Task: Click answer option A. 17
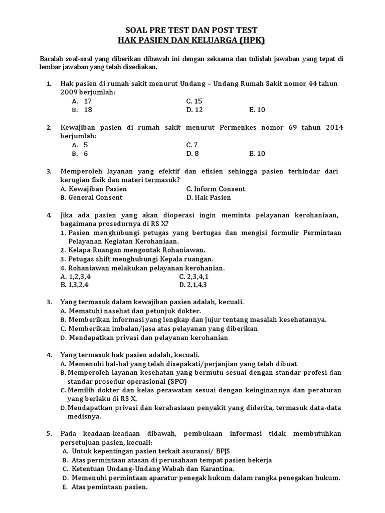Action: coord(82,101)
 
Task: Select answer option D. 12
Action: coord(195,110)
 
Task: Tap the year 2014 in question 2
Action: coord(334,127)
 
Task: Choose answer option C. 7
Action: coord(192,145)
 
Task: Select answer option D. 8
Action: coord(192,154)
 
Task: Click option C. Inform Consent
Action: coord(216,189)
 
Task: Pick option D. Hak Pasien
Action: coord(209,197)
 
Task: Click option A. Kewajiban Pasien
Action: coord(93,189)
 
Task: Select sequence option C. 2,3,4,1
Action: coord(194,276)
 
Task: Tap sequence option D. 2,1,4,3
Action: coord(193,285)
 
